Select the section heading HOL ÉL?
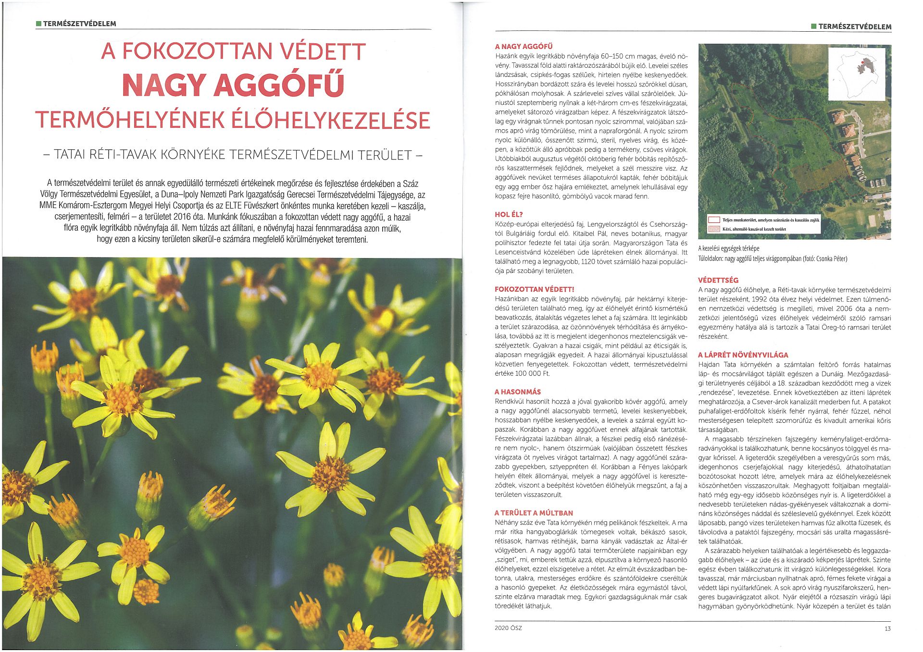(509, 214)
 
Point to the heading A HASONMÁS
(518, 392)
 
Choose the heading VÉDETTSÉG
(718, 280)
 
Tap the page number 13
(887, 628)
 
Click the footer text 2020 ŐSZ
(508, 628)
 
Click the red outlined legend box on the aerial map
(714, 220)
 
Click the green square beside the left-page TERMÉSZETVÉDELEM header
(38, 23)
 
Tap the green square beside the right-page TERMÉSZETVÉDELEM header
(813, 26)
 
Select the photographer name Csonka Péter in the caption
(831, 259)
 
